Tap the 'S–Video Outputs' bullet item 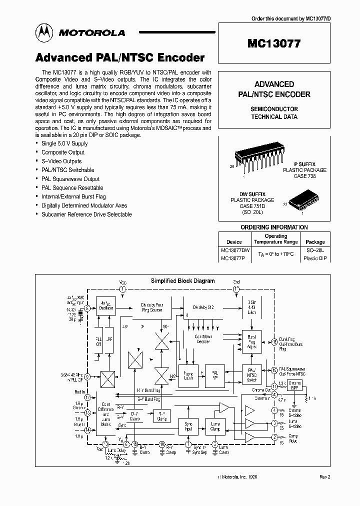tap(61, 161)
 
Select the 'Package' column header tap(315, 242)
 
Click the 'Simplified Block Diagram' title tap(182, 281)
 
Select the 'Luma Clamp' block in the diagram tap(215, 426)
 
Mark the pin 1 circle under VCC tap(123, 289)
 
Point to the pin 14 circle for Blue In tap(87, 429)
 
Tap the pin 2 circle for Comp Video tap(274, 437)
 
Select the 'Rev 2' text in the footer tap(325, 477)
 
